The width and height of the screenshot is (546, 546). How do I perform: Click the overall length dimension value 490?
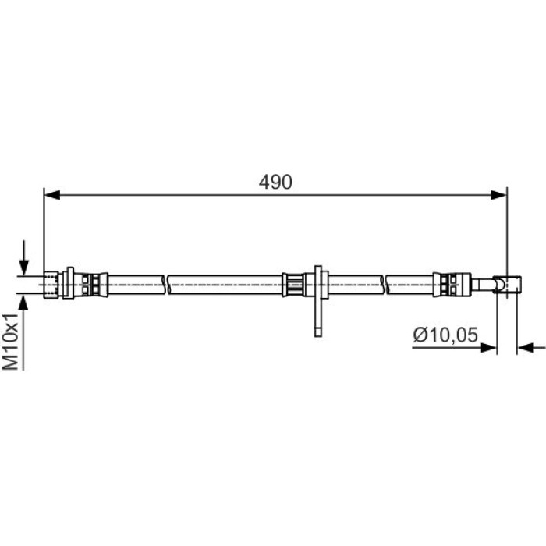click(x=275, y=182)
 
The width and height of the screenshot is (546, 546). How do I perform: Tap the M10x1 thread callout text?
click(x=10, y=341)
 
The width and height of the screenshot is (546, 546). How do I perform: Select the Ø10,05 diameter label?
click(x=445, y=335)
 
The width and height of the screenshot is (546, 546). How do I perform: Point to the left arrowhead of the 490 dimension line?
click(x=52, y=195)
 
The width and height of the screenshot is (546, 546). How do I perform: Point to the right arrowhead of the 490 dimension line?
click(x=498, y=195)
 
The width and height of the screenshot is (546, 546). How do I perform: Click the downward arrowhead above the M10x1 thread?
click(x=23, y=268)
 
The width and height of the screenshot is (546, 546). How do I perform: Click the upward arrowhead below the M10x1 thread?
click(x=23, y=303)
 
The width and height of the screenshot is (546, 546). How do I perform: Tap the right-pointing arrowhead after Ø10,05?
click(x=488, y=347)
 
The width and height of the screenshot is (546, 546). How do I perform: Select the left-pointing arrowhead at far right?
click(x=525, y=347)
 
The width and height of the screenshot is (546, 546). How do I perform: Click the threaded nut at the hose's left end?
click(x=51, y=285)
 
